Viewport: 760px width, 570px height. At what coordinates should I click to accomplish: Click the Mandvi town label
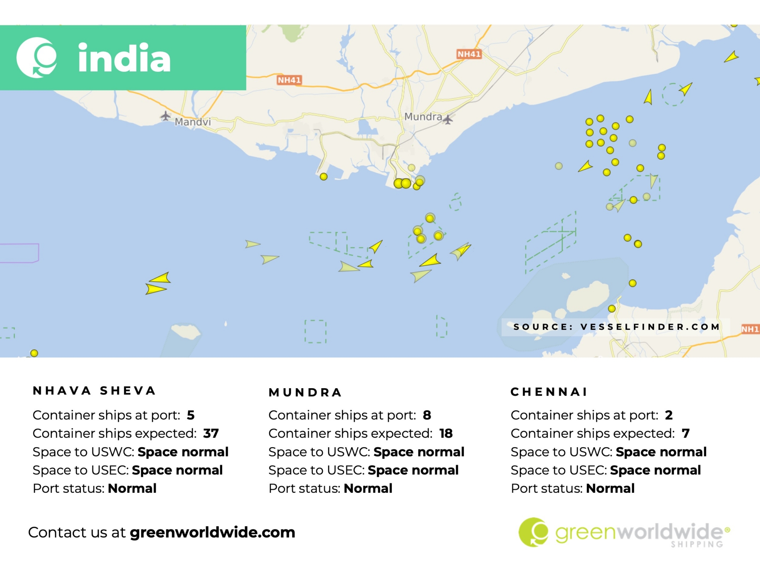193,122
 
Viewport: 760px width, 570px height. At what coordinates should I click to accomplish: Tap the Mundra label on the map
423,117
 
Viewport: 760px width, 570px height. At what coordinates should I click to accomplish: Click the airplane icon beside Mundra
448,119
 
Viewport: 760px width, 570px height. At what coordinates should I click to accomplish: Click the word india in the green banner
124,58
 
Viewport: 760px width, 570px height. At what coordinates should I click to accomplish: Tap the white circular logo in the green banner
37,58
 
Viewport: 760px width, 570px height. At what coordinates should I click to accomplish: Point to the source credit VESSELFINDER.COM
650,327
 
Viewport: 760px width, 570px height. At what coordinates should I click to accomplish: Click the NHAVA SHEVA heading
94,391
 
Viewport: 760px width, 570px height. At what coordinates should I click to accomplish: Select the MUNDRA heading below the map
305,392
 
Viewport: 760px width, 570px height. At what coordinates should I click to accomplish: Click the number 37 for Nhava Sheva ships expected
211,433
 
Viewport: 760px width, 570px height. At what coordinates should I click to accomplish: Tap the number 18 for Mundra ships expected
446,433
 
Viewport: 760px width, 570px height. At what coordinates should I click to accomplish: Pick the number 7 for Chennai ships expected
685,433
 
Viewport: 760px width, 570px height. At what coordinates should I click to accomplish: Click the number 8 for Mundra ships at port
427,415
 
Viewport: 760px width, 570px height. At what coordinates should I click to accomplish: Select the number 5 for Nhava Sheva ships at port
191,415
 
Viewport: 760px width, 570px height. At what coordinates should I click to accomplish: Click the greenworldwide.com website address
212,533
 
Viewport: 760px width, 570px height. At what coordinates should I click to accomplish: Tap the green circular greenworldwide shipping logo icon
533,532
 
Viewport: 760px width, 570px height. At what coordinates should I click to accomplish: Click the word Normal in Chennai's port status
610,488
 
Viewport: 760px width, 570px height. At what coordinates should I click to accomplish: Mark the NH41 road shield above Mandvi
289,80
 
